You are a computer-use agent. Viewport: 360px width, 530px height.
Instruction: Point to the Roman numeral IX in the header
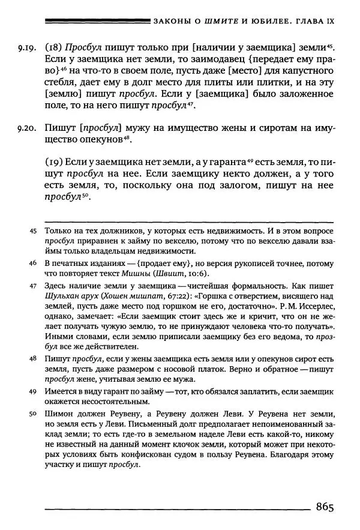click(326, 21)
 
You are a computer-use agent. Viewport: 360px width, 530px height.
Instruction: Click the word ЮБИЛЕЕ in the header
click(271, 21)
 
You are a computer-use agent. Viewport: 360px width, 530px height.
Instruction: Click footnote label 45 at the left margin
click(33, 230)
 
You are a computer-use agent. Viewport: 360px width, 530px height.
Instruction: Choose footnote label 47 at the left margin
click(33, 286)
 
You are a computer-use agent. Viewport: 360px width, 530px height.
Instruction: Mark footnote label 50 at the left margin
click(33, 414)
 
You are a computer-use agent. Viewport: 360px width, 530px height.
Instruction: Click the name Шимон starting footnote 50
click(59, 414)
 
